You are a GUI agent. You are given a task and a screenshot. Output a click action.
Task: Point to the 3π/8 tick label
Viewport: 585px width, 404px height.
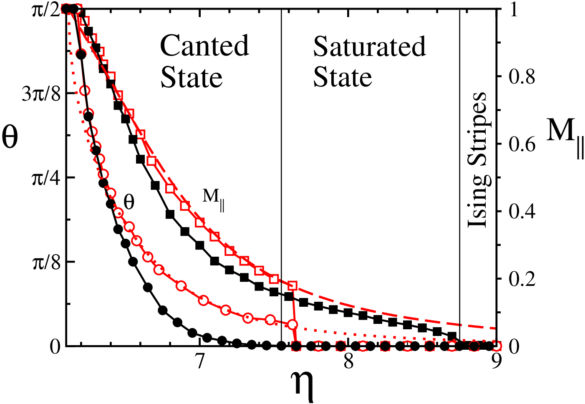coord(42,95)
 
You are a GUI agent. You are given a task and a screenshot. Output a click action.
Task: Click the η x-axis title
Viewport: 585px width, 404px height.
coord(303,386)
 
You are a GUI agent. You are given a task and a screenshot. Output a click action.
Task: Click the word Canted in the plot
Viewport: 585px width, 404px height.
coord(204,45)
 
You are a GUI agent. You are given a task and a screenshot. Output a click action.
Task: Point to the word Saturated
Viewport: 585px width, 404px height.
coord(370,46)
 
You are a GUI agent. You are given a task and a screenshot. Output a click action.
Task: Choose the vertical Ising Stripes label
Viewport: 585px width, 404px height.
coord(477,160)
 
